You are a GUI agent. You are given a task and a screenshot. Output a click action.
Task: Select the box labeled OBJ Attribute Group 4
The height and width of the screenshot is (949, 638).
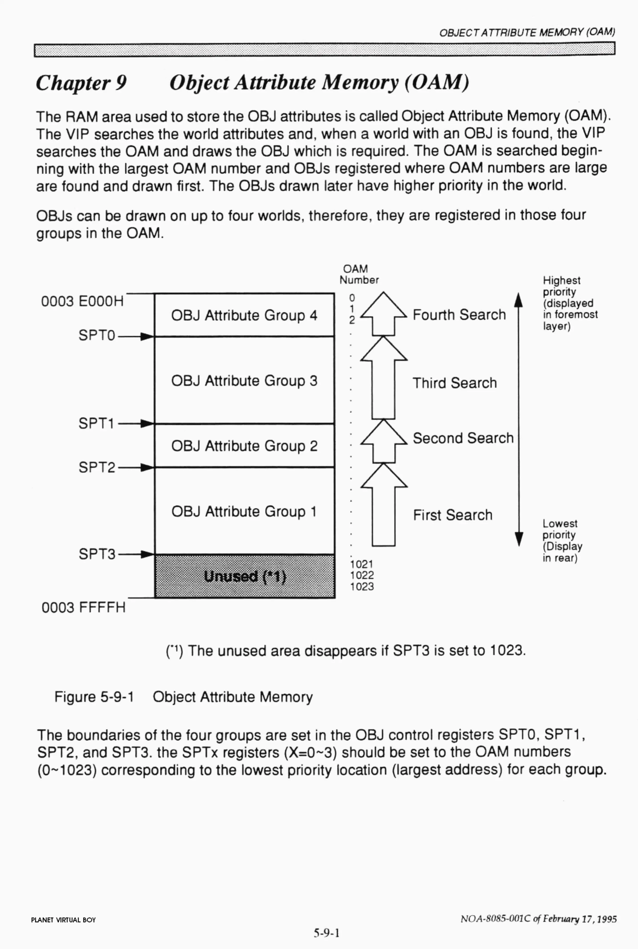pos(244,315)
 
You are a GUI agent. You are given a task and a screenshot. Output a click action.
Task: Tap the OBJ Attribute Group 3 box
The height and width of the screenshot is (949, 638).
pos(244,380)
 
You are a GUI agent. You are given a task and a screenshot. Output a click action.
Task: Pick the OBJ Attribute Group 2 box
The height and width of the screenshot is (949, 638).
pos(244,446)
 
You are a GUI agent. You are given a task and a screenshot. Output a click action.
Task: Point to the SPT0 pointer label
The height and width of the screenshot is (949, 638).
pos(97,335)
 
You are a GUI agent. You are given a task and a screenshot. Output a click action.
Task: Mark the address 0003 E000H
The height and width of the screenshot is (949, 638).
pos(82,301)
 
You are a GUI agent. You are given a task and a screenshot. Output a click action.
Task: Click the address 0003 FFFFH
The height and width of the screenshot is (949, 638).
pos(83,607)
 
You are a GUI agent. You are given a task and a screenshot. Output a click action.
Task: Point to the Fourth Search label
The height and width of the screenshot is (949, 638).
pos(459,315)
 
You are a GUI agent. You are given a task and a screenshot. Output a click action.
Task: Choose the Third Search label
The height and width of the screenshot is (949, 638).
pos(454,383)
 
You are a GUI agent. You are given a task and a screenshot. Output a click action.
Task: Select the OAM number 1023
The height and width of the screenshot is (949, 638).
pos(362,587)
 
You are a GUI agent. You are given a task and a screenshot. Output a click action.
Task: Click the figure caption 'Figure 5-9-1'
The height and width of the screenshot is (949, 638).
pos(94,697)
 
